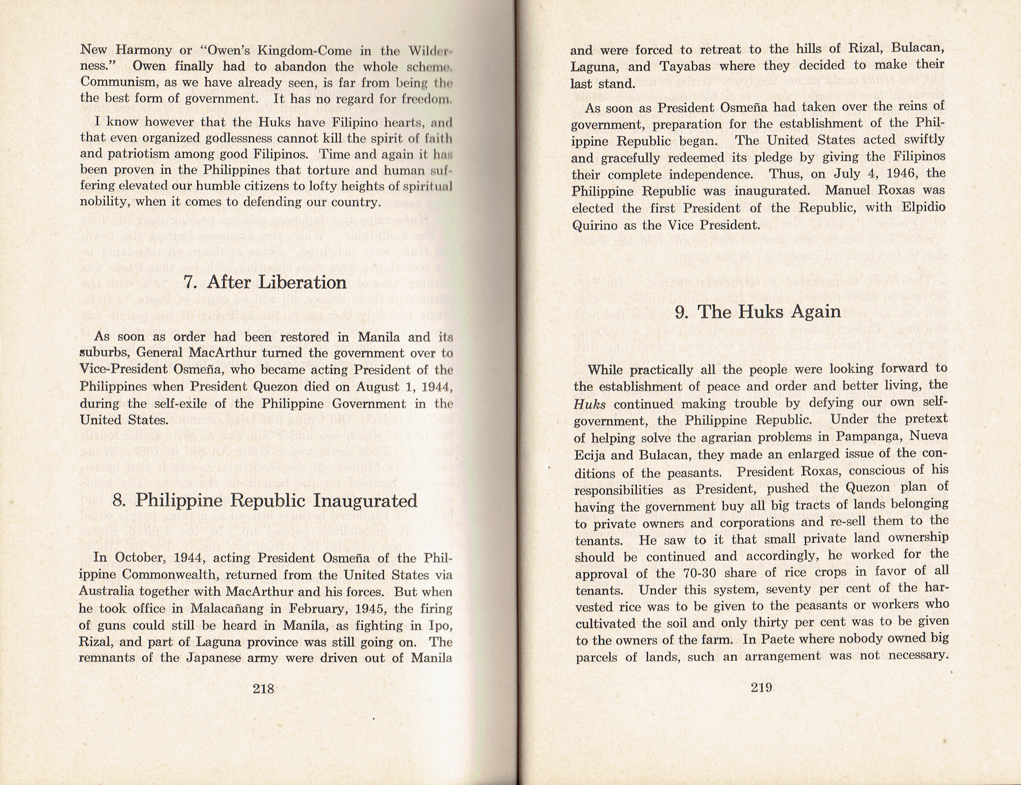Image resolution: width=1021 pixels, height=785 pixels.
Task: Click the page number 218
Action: [263, 688]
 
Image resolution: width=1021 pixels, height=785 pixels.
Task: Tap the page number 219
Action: [760, 687]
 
